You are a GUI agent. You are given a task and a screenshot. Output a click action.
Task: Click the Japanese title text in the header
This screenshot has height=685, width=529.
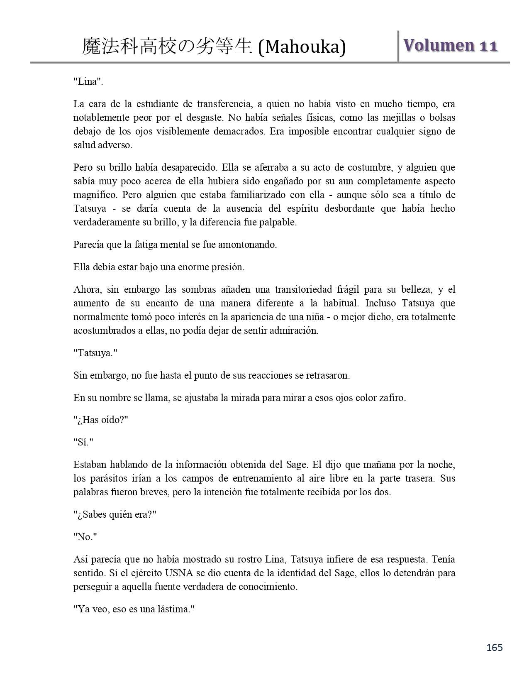click(167, 46)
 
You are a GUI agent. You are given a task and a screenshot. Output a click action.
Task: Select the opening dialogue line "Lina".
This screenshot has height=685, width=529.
click(88, 81)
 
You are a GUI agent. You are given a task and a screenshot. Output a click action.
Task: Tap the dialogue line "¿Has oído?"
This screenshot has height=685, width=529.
click(101, 420)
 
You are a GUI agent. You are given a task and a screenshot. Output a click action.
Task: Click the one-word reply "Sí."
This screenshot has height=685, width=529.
click(83, 442)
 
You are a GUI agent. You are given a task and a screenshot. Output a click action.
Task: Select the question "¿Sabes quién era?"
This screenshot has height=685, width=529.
click(115, 514)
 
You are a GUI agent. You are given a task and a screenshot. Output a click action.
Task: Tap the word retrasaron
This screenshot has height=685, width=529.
click(328, 375)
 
